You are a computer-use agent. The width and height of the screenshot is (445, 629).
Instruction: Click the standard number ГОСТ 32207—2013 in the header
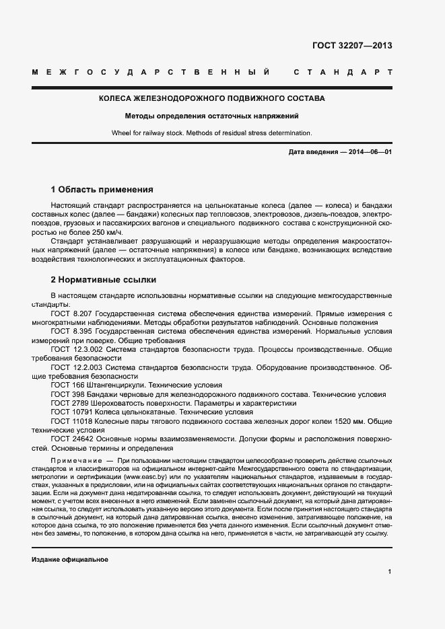pos(352,46)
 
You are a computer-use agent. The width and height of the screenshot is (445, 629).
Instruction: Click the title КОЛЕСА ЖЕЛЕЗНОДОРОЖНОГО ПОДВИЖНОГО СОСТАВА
pos(212,98)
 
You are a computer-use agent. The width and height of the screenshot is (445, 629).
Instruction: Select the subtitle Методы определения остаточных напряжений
pos(212,116)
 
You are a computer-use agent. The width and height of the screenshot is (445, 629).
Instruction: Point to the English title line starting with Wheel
pos(212,133)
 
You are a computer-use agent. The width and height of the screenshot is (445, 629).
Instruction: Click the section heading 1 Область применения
pos(102,189)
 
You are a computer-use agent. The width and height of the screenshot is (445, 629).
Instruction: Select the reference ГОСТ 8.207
pos(72,314)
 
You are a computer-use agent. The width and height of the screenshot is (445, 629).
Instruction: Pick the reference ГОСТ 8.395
pos(72,332)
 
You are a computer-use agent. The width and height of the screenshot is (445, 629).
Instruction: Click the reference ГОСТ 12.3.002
pos(75,350)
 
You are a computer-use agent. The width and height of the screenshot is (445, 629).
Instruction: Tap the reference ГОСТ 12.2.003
pos(75,368)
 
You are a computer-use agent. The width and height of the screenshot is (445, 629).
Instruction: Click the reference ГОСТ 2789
pos(69,403)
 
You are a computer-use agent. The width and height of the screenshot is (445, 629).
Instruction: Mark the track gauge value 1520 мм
pos(349,420)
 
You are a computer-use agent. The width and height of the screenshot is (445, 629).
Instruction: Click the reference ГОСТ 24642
pos(71,438)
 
